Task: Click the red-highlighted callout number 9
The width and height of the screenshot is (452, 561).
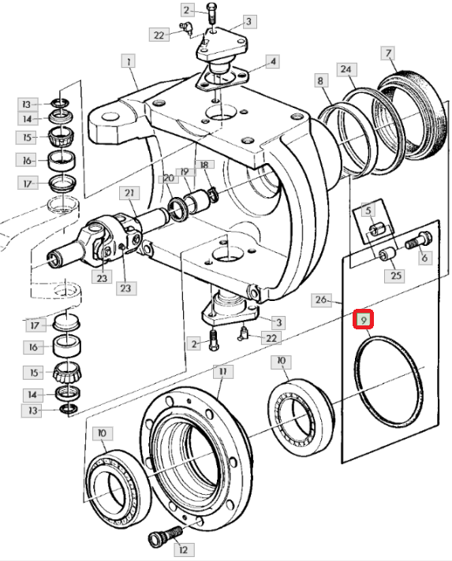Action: (363, 319)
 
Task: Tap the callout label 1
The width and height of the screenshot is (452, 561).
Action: (129, 61)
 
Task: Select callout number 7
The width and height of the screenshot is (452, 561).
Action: (389, 54)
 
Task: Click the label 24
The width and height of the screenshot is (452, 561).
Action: (273, 61)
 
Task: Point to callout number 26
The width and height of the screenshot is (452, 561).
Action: (321, 299)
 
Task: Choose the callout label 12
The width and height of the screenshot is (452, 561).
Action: (183, 549)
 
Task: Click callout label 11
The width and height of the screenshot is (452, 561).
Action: (223, 372)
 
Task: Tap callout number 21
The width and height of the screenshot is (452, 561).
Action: (129, 193)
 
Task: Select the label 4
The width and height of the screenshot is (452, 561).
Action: (273, 61)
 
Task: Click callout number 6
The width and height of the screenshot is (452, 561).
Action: (424, 257)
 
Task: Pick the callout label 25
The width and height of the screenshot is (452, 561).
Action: (395, 276)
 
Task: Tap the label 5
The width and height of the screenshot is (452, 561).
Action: (368, 210)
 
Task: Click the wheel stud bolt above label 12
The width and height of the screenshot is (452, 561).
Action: (165, 535)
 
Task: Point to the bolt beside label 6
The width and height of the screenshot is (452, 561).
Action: (419, 240)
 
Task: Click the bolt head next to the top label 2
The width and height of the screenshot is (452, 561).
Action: (211, 8)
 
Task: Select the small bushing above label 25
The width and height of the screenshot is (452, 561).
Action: (388, 254)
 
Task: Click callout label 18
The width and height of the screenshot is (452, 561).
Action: (204, 165)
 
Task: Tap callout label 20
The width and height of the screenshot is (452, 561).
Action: (168, 178)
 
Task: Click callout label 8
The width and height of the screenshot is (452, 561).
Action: (320, 80)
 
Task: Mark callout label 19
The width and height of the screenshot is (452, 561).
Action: (185, 172)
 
